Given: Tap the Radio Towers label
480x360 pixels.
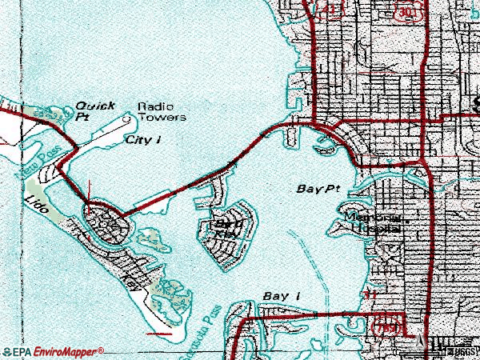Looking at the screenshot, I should point(162,111).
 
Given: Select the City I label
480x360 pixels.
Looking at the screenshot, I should point(144,139).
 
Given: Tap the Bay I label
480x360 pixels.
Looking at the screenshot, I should point(281,297).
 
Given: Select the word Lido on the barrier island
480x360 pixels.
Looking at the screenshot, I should point(38,207).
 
